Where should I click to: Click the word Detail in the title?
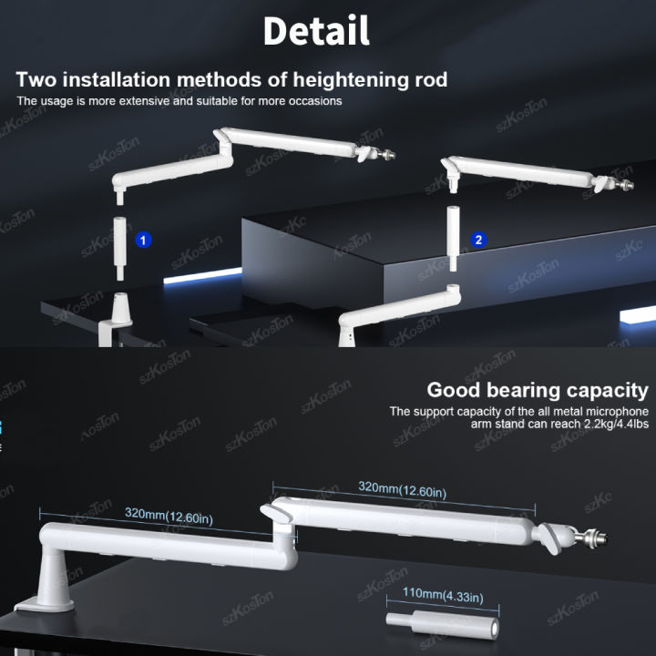pos(316,31)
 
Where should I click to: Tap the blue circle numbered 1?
pos(143,241)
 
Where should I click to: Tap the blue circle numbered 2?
pos(478,241)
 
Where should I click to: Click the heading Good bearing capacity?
pos(538,390)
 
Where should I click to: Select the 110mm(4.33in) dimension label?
pos(443,595)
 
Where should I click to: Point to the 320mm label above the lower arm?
pos(169,516)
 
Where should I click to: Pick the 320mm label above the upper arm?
pos(402,489)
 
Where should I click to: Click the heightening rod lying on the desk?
pos(442,624)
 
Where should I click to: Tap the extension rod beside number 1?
pos(119,248)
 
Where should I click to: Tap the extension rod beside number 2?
pos(453,239)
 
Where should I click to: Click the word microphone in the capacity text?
pos(618,412)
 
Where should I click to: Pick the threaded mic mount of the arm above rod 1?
pos(385,154)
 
